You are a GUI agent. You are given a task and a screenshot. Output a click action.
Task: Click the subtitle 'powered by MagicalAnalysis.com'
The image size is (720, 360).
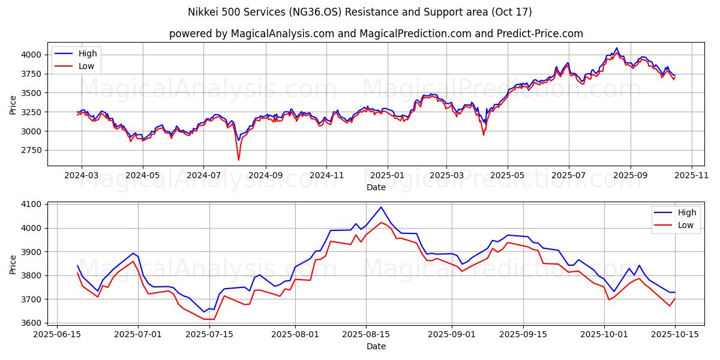tap(376, 34)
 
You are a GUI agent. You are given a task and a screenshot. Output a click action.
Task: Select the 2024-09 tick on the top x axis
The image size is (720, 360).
tap(265, 176)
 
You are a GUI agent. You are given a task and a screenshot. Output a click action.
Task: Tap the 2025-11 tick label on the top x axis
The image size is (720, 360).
tap(692, 176)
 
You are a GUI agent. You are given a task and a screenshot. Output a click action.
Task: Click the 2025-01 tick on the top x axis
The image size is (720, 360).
tap(387, 176)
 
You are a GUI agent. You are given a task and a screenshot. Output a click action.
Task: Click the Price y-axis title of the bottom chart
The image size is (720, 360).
tap(13, 263)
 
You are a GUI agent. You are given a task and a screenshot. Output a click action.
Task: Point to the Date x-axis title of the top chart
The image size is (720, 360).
tap(376, 187)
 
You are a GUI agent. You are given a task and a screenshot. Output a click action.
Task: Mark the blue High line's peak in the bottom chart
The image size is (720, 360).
tap(381, 208)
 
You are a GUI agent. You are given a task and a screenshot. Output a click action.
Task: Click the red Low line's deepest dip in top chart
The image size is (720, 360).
tap(238, 160)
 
